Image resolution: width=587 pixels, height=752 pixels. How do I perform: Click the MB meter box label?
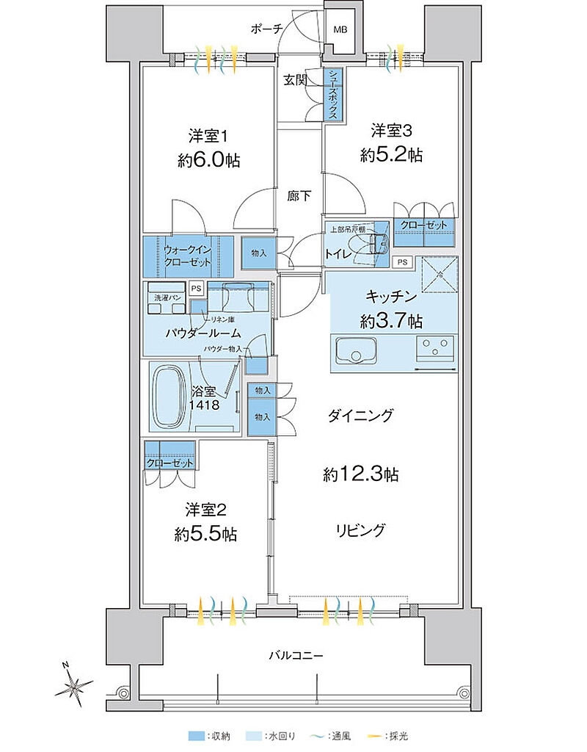click(340, 30)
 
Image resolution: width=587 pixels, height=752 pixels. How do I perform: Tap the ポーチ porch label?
click(266, 29)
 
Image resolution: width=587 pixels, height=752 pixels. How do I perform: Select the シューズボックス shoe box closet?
click(334, 95)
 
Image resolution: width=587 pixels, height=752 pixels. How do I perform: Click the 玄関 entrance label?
click(295, 80)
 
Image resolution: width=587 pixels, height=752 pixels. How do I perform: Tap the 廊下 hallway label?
click(299, 196)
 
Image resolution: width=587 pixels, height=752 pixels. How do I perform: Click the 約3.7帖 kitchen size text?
click(391, 320)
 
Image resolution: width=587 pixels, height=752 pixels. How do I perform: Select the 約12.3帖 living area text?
click(361, 474)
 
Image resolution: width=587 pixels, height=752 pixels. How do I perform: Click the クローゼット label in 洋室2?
click(170, 463)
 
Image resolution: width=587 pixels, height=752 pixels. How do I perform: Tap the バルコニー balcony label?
click(295, 654)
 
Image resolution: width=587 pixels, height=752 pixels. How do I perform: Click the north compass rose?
click(73, 687)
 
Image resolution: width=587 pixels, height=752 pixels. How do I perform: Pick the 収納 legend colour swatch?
click(194, 735)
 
